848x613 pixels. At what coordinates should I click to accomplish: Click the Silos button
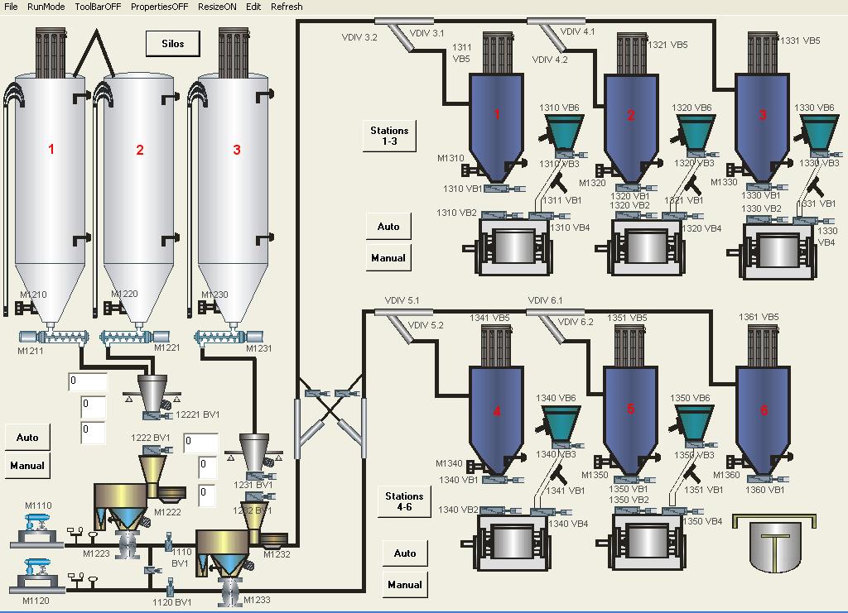click(x=173, y=44)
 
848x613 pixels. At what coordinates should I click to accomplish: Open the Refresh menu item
click(x=287, y=7)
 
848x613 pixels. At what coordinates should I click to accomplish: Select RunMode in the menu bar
click(x=46, y=7)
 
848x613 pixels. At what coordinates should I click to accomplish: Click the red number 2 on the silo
click(x=140, y=150)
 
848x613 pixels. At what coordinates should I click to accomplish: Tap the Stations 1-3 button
click(x=389, y=136)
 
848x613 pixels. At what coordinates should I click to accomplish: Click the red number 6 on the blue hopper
click(x=764, y=410)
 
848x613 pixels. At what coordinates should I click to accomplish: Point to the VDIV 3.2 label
click(x=359, y=37)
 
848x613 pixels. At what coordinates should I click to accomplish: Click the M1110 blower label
click(x=38, y=505)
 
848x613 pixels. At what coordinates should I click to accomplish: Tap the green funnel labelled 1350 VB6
click(x=693, y=421)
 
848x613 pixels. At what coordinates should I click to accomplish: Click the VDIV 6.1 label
click(x=544, y=300)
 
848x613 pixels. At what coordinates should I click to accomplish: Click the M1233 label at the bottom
click(x=255, y=600)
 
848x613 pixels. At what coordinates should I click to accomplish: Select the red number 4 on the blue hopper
click(x=497, y=411)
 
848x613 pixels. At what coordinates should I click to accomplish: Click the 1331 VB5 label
click(x=801, y=41)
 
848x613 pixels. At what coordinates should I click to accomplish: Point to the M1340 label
click(x=450, y=464)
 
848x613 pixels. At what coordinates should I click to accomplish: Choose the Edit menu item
click(x=253, y=7)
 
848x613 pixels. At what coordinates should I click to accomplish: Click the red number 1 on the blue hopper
click(x=497, y=114)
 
